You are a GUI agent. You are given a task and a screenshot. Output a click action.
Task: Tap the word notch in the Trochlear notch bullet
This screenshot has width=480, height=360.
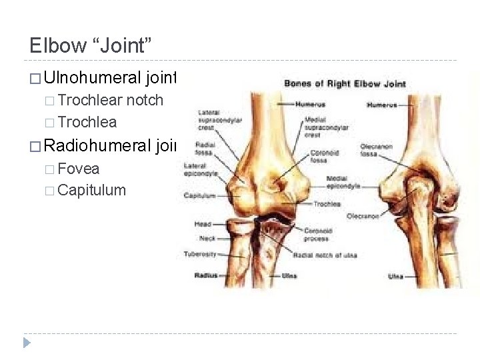145,101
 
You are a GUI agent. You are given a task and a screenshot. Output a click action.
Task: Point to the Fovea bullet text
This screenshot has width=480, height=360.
79,169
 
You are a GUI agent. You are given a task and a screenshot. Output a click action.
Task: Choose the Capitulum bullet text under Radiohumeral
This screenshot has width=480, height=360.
92,191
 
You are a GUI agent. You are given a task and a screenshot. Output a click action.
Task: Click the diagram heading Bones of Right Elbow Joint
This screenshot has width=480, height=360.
345,84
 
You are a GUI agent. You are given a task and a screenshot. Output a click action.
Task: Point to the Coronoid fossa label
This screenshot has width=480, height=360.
325,156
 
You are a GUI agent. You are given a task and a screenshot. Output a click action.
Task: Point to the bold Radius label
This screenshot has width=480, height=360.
206,275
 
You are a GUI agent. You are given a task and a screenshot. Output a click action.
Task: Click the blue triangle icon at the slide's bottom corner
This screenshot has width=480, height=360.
27,343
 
